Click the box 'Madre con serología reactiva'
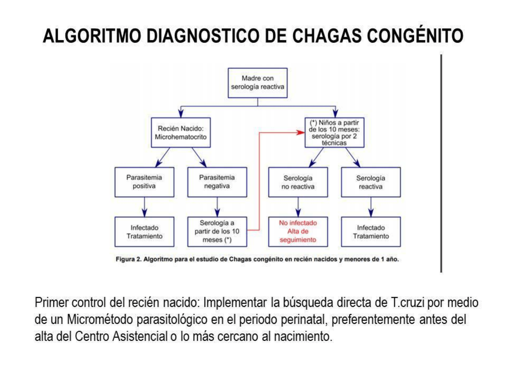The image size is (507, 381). pos(257,83)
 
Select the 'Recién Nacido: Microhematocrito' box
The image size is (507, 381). pos(181,133)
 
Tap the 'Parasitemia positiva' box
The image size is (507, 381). pos(144,182)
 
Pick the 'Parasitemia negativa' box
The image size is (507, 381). pos(217,182)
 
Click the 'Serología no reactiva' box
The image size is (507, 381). pos(298,182)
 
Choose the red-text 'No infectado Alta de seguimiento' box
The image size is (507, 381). pos(298,232)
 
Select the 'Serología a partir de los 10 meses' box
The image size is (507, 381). pos(217,232)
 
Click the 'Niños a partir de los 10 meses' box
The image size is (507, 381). pos(334,133)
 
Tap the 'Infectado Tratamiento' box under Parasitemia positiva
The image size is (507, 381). pos(144,232)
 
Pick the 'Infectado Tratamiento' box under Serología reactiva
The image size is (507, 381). pos(371,232)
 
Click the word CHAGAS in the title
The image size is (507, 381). pos(326,36)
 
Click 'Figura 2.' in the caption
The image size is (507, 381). pos(129,259)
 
